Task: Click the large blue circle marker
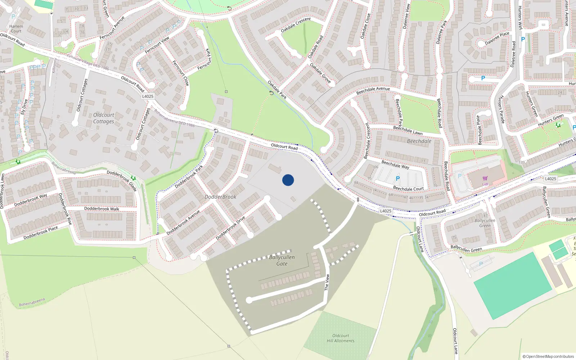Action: [288, 180]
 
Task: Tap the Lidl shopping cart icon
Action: [485, 178]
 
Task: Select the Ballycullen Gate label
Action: [282, 260]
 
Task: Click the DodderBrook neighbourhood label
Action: [220, 197]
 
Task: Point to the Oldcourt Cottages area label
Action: [104, 118]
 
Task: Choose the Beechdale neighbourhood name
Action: [419, 141]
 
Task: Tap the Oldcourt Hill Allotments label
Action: [341, 338]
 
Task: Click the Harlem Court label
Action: [16, 28]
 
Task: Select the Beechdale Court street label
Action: [408, 189]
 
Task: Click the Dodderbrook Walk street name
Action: [102, 209]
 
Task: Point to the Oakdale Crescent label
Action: [296, 25]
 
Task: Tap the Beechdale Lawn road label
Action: [408, 130]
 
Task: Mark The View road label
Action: [327, 283]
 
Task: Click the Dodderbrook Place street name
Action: [40, 233]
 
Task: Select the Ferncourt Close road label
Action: [181, 73]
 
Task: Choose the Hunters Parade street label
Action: [501, 109]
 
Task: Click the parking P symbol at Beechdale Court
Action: [397, 179]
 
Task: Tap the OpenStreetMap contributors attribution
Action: [548, 356]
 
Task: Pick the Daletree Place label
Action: [497, 38]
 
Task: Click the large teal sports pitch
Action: [513, 286]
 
